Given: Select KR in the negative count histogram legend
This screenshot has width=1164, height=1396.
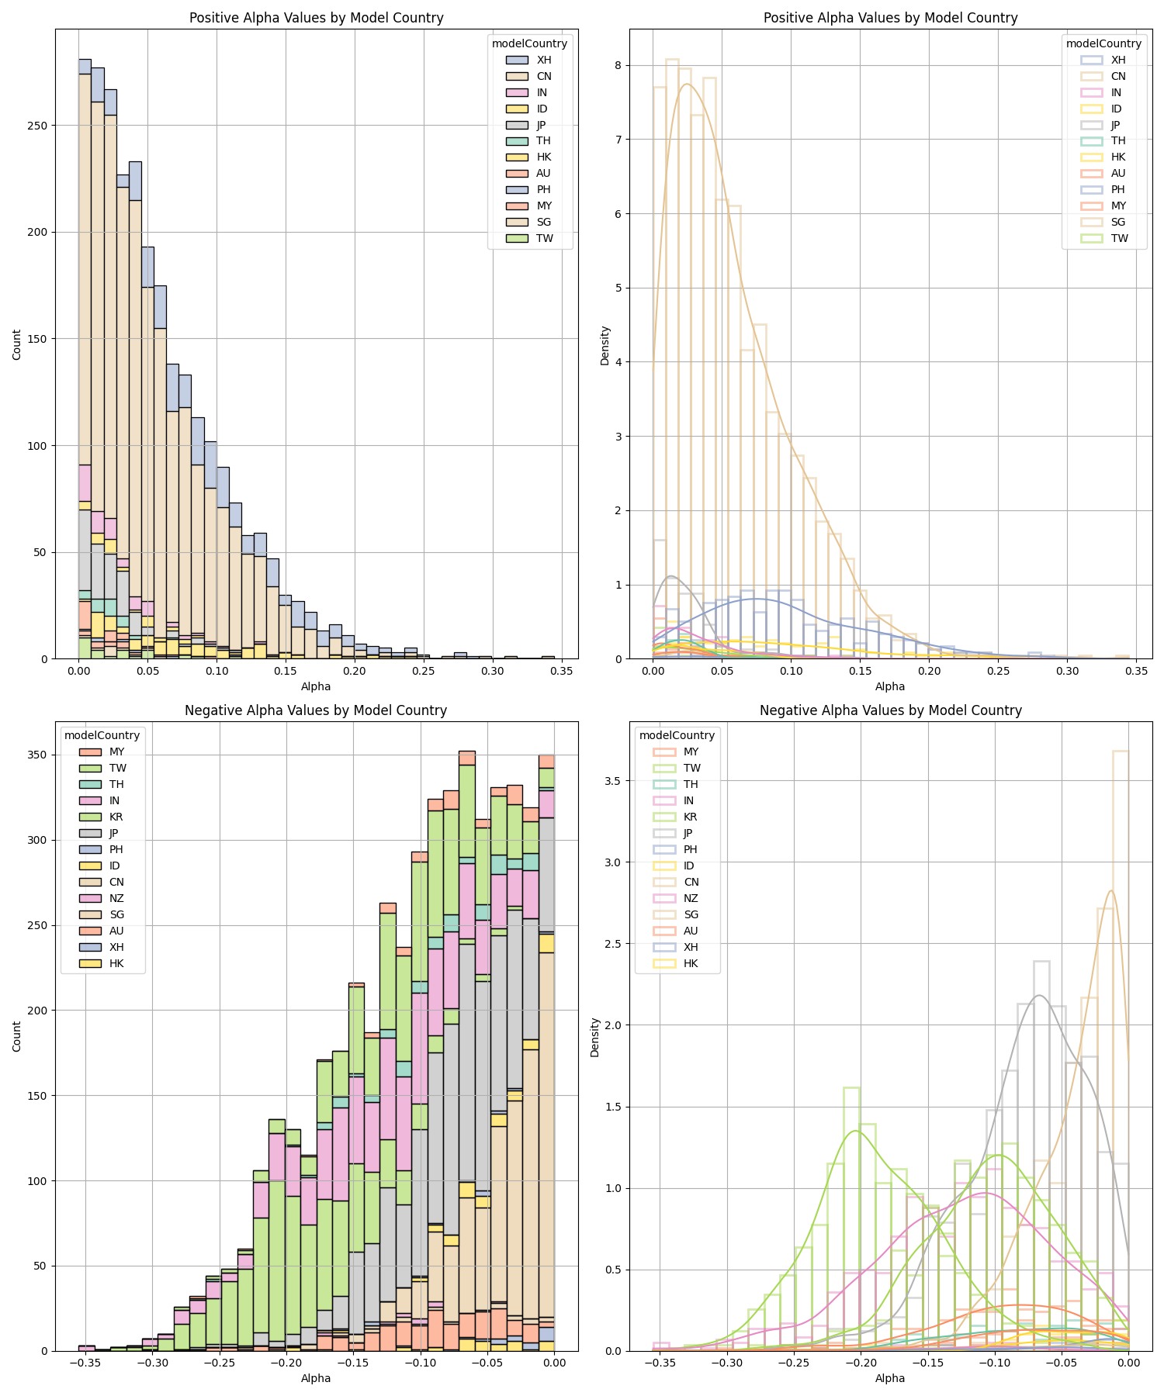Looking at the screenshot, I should pyautogui.click(x=116, y=817).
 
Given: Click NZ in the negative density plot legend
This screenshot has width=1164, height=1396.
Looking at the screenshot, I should pyautogui.click(x=691, y=898).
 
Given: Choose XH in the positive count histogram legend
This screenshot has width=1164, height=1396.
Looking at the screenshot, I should pyautogui.click(x=544, y=60).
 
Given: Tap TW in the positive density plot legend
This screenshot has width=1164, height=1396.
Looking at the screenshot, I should pyautogui.click(x=1119, y=238).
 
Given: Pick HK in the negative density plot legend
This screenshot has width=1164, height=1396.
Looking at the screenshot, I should pyautogui.click(x=691, y=963).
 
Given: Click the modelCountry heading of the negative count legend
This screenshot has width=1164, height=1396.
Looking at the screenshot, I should pyautogui.click(x=102, y=735).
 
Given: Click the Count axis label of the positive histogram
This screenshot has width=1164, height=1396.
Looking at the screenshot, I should pyautogui.click(x=17, y=344).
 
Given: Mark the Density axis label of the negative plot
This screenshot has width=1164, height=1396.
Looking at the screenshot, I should pyautogui.click(x=595, y=1037).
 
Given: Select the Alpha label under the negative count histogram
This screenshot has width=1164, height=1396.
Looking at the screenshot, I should pyautogui.click(x=316, y=1378).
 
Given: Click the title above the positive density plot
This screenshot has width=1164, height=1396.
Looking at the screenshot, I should pyautogui.click(x=890, y=18).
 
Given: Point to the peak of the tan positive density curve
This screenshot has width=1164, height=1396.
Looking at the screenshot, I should pyautogui.click(x=687, y=84).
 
